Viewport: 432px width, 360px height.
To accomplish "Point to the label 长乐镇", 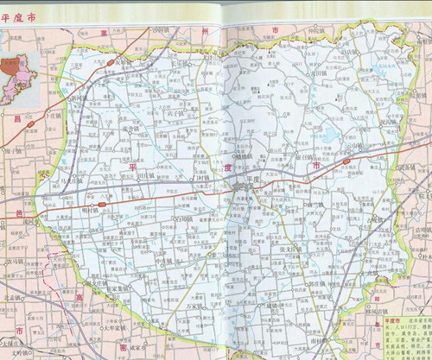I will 181,62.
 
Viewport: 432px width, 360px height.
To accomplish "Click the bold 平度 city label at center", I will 251,176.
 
